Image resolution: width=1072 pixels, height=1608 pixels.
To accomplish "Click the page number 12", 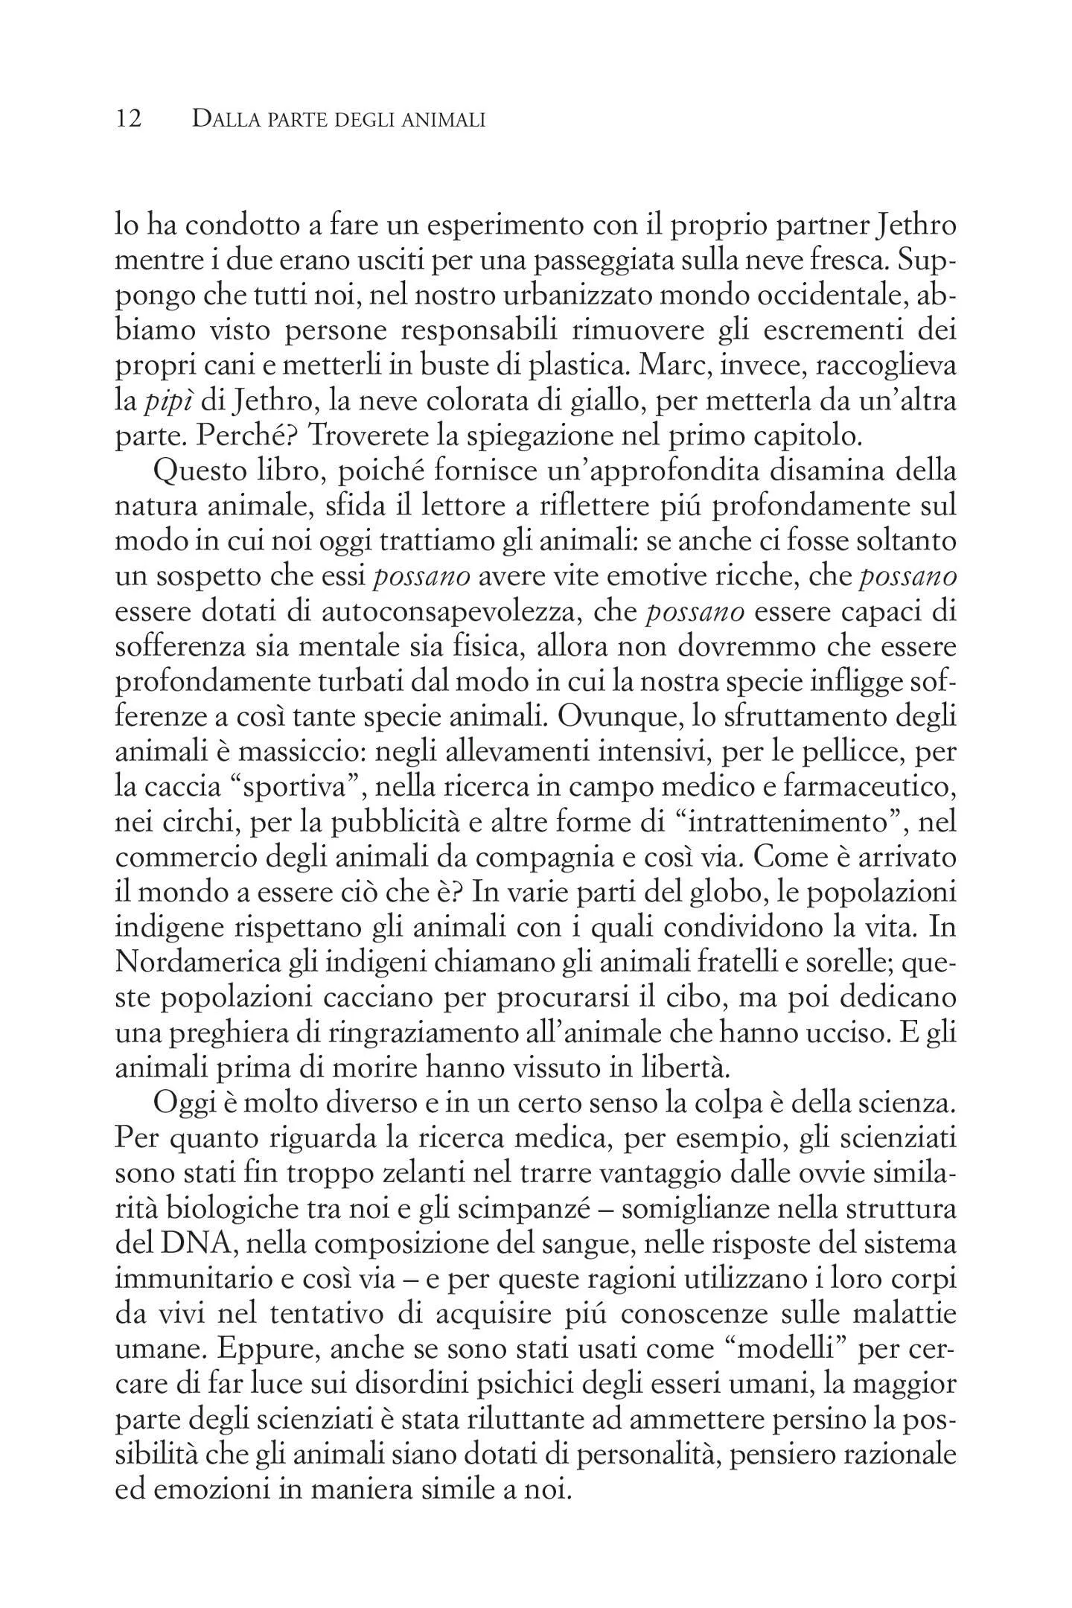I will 129,119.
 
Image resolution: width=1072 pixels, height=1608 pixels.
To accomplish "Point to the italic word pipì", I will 167,403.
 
